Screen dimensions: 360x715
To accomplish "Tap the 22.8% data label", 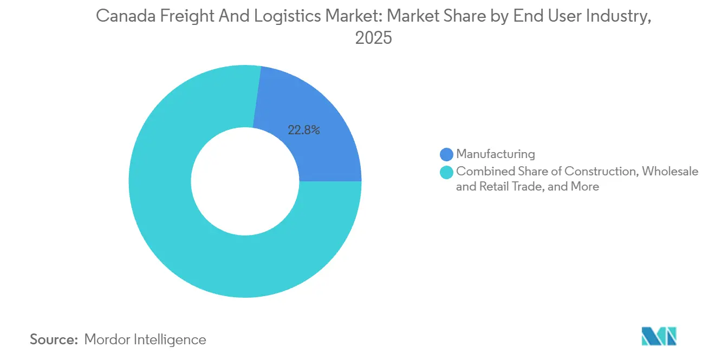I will click(304, 130).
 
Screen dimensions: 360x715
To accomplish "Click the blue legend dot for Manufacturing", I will click(447, 154).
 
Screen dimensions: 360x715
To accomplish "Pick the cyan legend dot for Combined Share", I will click(447, 172).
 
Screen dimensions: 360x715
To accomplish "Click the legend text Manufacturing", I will click(495, 154).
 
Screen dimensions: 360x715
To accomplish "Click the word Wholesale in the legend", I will click(670, 172).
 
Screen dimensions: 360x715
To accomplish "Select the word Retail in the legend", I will click(497, 187).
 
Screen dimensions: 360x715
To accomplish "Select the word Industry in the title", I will click(617, 17).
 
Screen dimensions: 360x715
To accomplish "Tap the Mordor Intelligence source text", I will click(145, 339).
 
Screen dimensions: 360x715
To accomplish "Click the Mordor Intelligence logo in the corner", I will click(659, 336).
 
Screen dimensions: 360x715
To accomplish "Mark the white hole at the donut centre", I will click(245, 181).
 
